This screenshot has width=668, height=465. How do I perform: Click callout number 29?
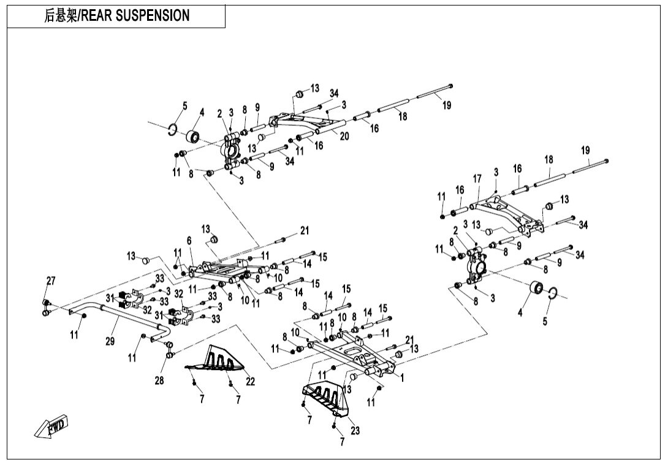pyautogui.click(x=110, y=341)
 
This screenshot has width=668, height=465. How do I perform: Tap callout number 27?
pyautogui.click(x=51, y=281)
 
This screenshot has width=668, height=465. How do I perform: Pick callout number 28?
pyautogui.click(x=159, y=380)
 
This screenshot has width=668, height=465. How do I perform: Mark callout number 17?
pyautogui.click(x=477, y=179)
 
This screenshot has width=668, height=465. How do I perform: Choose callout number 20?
pyautogui.click(x=344, y=137)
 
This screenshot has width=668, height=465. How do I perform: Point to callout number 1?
pyautogui.click(x=402, y=377)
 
